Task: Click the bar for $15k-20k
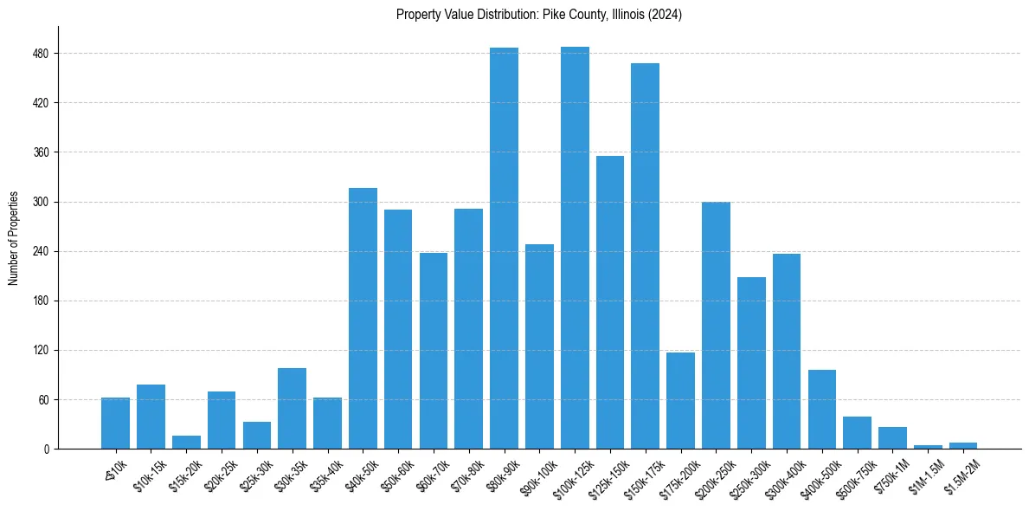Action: pyautogui.click(x=186, y=443)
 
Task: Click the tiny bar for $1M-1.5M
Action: pyautogui.click(x=928, y=447)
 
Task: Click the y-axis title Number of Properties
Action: pyautogui.click(x=14, y=238)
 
